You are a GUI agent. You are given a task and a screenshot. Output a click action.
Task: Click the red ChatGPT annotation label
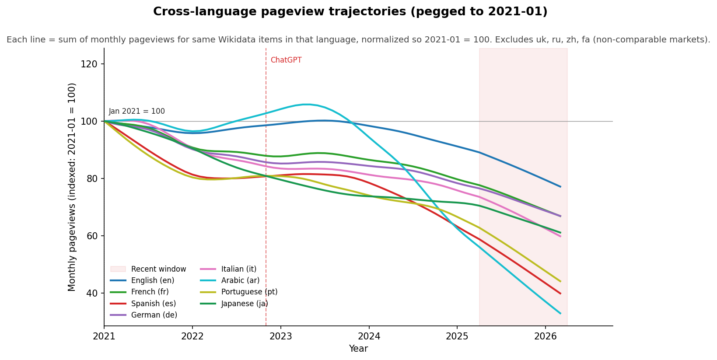pyautogui.click(x=286, y=60)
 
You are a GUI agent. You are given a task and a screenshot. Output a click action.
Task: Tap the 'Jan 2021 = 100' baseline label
pyautogui.click(x=136, y=112)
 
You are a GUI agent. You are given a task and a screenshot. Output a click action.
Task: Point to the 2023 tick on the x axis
pyautogui.click(x=280, y=336)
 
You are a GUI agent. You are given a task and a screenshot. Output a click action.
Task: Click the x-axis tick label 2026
pyautogui.click(x=545, y=336)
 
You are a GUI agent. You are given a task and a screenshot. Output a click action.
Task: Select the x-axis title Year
pyautogui.click(x=358, y=349)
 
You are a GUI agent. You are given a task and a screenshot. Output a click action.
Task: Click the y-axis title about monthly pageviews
pyautogui.click(x=72, y=187)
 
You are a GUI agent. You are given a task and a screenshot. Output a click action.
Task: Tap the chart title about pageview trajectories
pyautogui.click(x=350, y=12)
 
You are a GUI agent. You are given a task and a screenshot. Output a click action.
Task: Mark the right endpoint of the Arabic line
pyautogui.click(x=560, y=313)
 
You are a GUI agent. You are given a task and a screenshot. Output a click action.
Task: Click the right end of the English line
pyautogui.click(x=560, y=187)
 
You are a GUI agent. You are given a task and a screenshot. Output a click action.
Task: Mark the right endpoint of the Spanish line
pyautogui.click(x=560, y=294)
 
